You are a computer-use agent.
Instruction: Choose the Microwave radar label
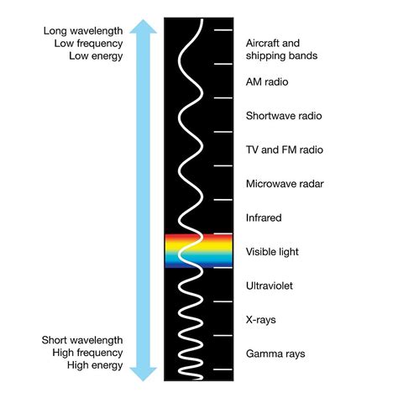(285, 184)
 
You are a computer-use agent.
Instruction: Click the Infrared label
(264, 218)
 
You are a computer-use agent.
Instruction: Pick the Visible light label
(272, 252)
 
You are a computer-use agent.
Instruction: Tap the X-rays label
(262, 320)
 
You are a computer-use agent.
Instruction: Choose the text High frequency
(85, 353)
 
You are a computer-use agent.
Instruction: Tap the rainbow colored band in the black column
(198, 251)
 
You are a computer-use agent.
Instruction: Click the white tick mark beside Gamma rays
(223, 369)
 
